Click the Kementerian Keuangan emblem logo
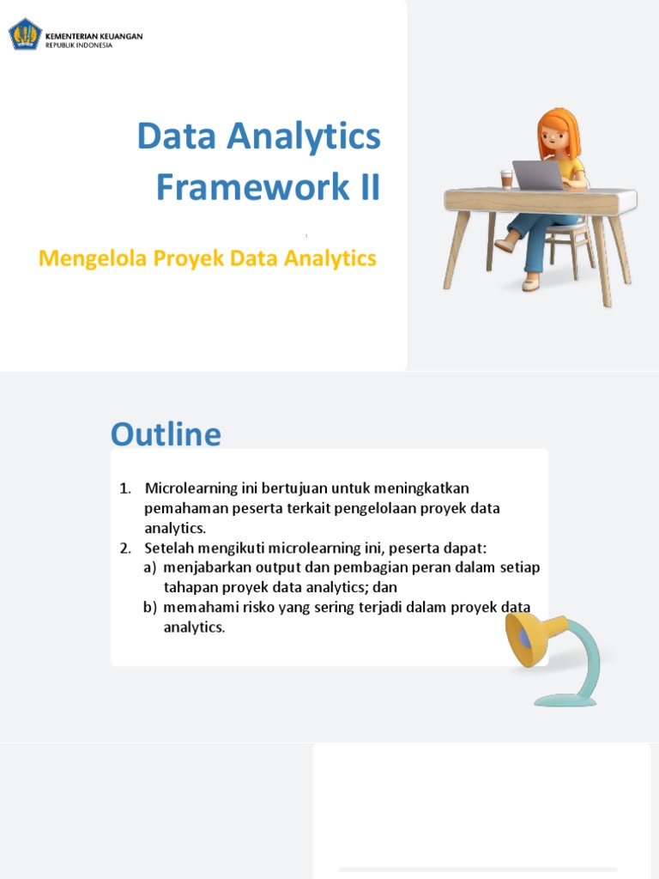tap(25, 35)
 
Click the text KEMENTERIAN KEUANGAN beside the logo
tap(94, 36)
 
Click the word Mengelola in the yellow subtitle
tap(94, 258)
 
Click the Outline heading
tap(166, 434)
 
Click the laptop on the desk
tap(537, 175)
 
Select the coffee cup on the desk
tap(506, 179)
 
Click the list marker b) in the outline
tap(150, 607)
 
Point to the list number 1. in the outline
tap(125, 488)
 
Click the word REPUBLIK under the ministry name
tap(61, 45)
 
